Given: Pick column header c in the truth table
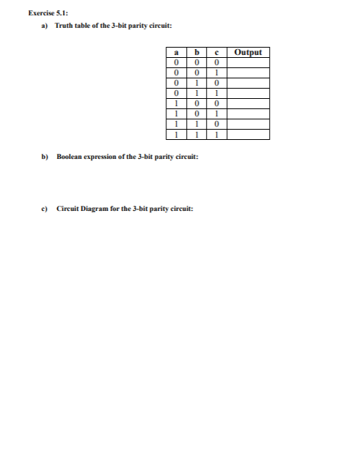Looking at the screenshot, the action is tap(218, 53).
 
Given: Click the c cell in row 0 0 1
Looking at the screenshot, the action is tap(218, 73).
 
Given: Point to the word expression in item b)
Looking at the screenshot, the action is tap(107, 157).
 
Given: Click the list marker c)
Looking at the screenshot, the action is tap(45, 208).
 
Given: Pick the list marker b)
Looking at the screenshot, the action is tap(45, 157).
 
